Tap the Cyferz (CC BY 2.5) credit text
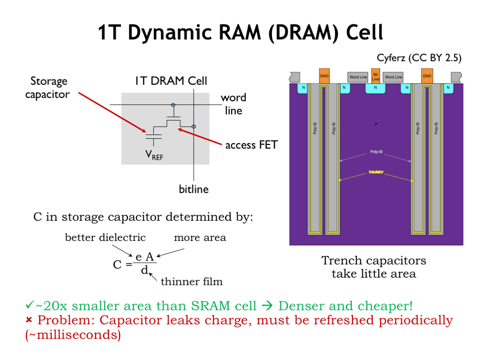tap(419, 58)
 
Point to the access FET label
tap(251, 145)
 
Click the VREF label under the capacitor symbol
tap(155, 155)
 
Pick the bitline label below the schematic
tap(194, 189)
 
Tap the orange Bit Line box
tap(375, 76)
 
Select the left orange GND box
tap(324, 76)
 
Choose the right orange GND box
tap(427, 76)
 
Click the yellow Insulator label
tap(375, 172)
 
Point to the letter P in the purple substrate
tap(375, 124)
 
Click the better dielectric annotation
tap(105, 237)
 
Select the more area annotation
tap(200, 237)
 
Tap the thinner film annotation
tap(191, 281)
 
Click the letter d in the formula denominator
tap(144, 270)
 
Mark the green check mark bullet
tap(29, 306)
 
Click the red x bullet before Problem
tap(29, 320)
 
